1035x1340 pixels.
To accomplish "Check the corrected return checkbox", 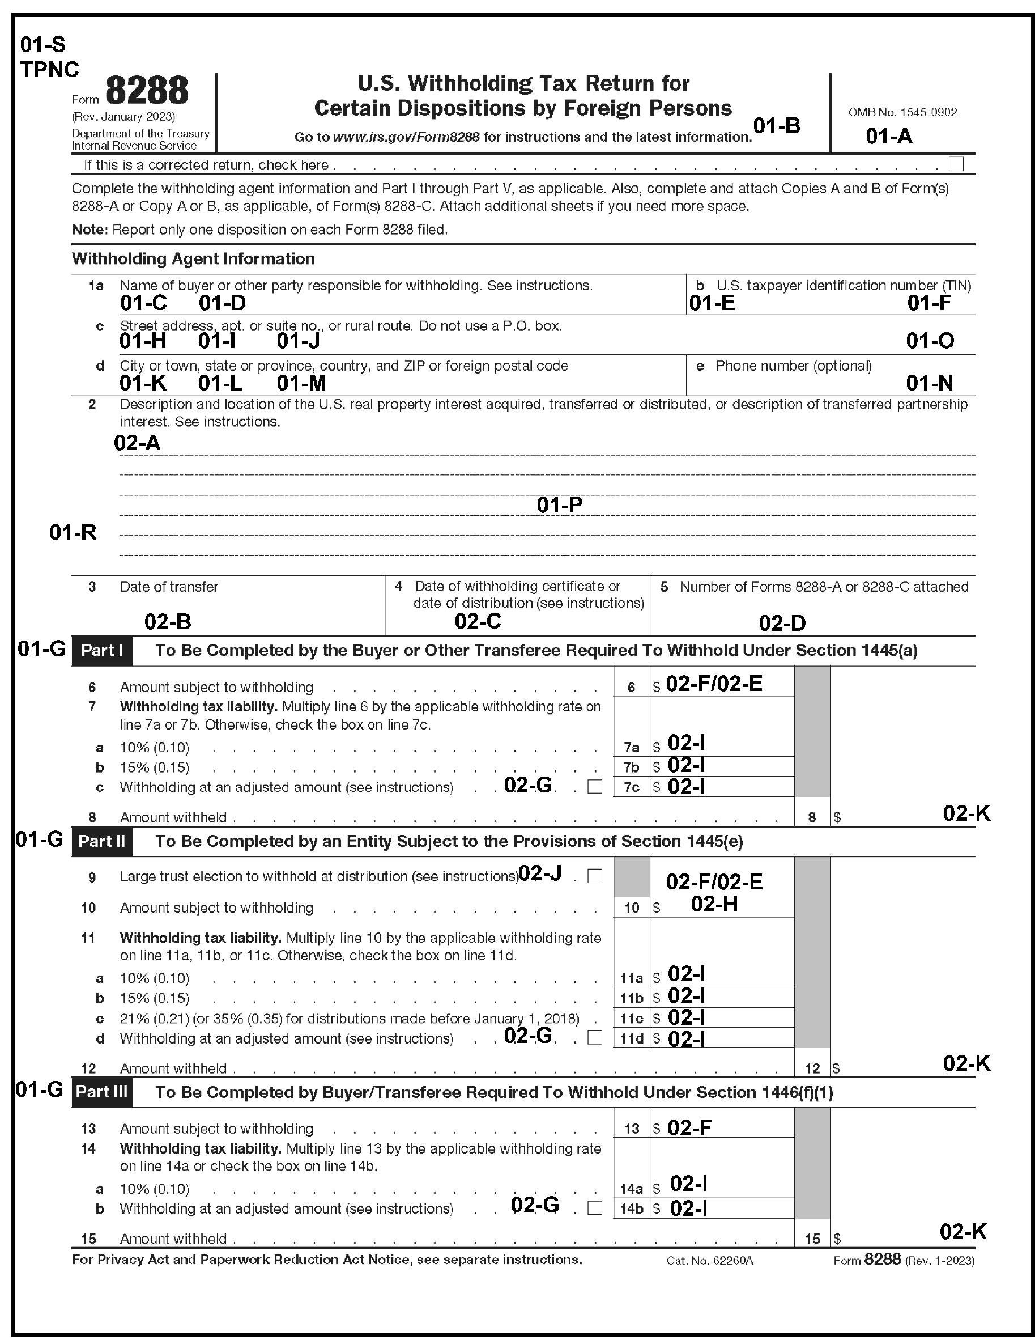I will pyautogui.click(x=955, y=164).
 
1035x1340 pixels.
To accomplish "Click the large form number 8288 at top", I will pyautogui.click(x=147, y=91).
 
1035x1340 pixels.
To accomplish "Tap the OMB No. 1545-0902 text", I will pyautogui.click(x=902, y=112).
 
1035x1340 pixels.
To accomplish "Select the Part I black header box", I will pyautogui.click(x=102, y=650).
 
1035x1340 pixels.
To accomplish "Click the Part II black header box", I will pyautogui.click(x=102, y=841).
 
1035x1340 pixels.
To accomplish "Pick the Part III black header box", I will pyautogui.click(x=102, y=1093).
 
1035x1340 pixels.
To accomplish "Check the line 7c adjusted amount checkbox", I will pyautogui.click(x=594, y=787).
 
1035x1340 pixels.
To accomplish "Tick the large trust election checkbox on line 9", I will pyautogui.click(x=594, y=876).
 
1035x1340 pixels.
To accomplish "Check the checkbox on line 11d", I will pyautogui.click(x=594, y=1037).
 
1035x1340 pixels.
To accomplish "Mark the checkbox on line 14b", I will pyautogui.click(x=594, y=1208).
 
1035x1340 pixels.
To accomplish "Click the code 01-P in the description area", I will pyautogui.click(x=559, y=505).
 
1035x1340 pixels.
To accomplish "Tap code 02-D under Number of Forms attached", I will pyautogui.click(x=782, y=624).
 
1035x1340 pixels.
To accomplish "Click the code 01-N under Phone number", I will pyautogui.click(x=929, y=384).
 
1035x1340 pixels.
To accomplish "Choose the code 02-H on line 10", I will pyautogui.click(x=714, y=904).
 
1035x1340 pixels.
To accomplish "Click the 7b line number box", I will pyautogui.click(x=632, y=767).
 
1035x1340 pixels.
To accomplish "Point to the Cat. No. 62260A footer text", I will pyautogui.click(x=709, y=1261).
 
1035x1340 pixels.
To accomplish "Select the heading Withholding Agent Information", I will pyautogui.click(x=193, y=259).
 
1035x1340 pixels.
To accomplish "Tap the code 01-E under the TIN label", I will pyautogui.click(x=712, y=303).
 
